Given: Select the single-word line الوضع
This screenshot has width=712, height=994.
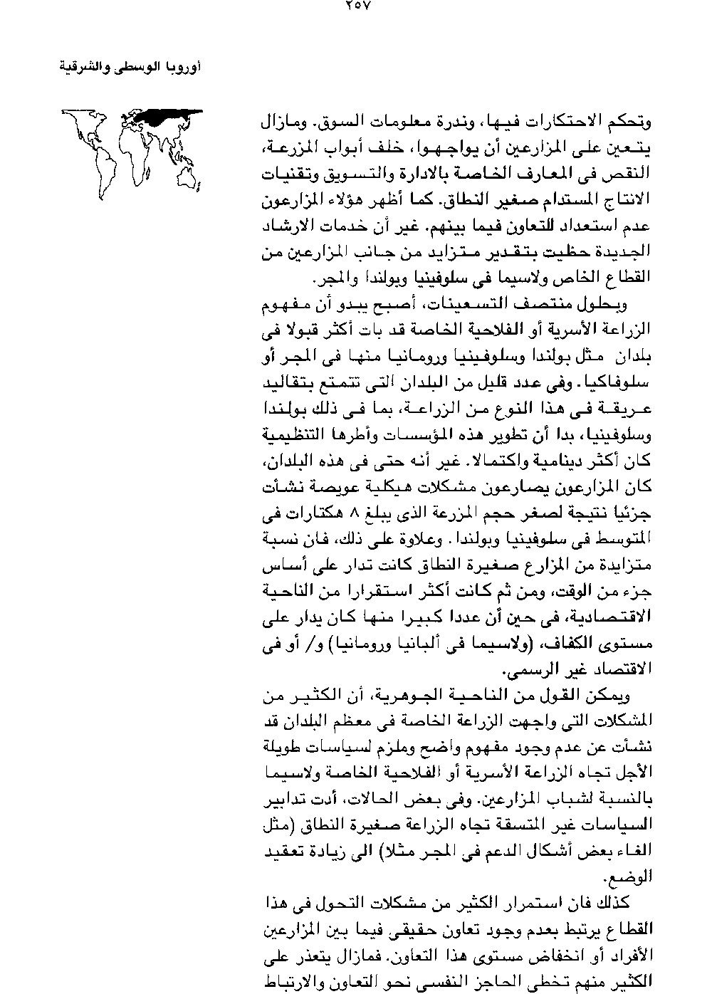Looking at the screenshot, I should (637, 876).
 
